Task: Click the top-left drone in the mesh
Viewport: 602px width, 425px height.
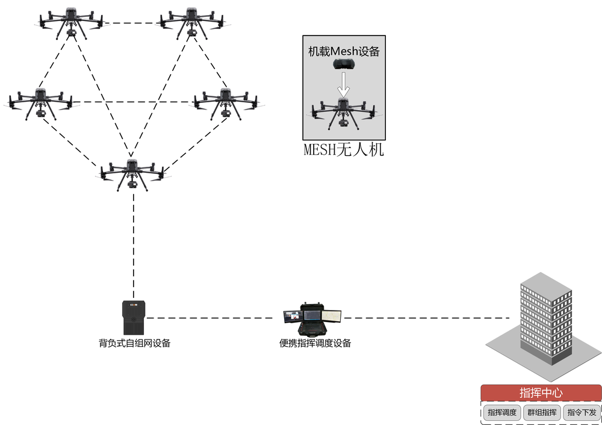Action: pyautogui.click(x=70, y=21)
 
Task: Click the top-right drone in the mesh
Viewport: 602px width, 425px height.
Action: pyautogui.click(x=191, y=21)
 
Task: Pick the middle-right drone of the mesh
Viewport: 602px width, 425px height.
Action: pyautogui.click(x=226, y=102)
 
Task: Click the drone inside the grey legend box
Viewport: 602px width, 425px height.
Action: pyautogui.click(x=343, y=113)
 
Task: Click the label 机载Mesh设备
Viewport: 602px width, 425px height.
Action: pyautogui.click(x=343, y=51)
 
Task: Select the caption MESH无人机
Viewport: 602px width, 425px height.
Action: pyautogui.click(x=343, y=150)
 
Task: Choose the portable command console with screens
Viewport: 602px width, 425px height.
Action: pyautogui.click(x=312, y=320)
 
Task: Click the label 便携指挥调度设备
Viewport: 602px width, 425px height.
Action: pyautogui.click(x=315, y=344)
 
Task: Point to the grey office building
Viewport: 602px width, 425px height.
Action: pyautogui.click(x=545, y=322)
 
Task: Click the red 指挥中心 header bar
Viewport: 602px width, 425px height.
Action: pyautogui.click(x=541, y=392)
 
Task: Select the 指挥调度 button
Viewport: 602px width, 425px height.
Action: pyautogui.click(x=502, y=412)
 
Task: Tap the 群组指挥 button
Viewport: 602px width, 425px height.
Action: pyautogui.click(x=541, y=412)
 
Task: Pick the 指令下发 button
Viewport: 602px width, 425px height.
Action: pyautogui.click(x=581, y=412)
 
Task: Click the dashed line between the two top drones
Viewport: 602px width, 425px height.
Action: pyautogui.click(x=131, y=23)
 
